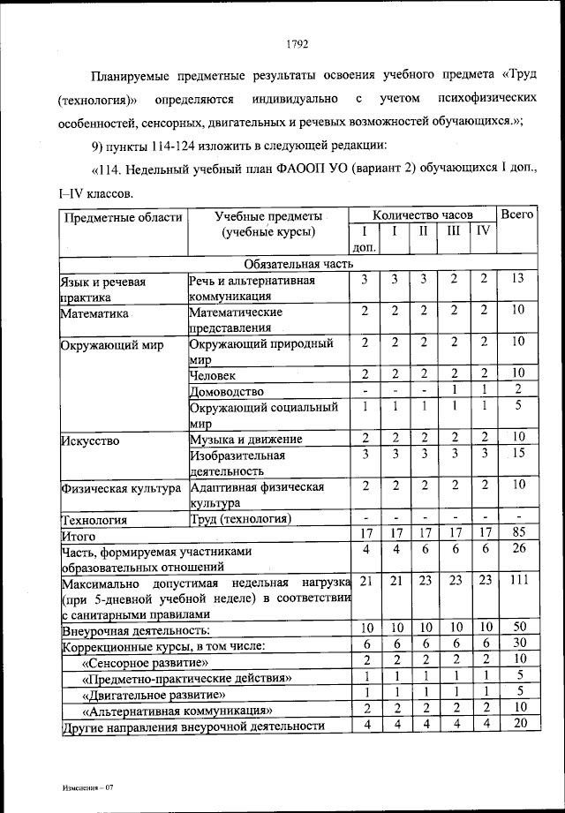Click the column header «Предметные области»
coord(122,216)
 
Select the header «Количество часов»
coord(422,215)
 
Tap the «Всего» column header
coord(517,215)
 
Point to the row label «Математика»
coord(94,312)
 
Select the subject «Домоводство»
coord(227,391)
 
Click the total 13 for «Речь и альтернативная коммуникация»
coord(517,280)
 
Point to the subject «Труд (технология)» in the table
coord(240,518)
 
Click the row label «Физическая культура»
coord(120,487)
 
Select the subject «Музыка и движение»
coord(246,439)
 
